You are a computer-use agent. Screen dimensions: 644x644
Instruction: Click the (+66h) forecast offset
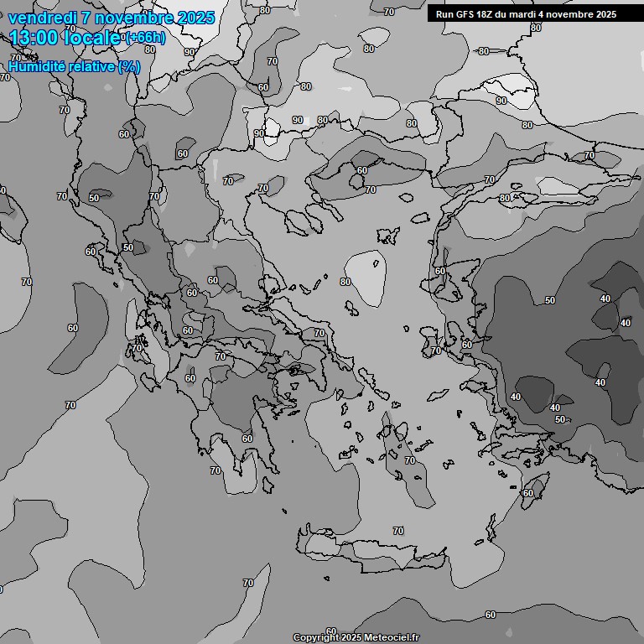tap(145, 38)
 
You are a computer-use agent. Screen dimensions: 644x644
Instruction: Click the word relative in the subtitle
tap(95, 67)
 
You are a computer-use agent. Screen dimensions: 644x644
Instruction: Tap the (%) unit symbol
tap(129, 67)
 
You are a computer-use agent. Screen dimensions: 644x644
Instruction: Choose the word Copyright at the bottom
tap(315, 638)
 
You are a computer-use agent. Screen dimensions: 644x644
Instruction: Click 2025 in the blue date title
tap(190, 18)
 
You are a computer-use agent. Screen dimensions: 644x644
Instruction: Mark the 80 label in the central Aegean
tap(345, 282)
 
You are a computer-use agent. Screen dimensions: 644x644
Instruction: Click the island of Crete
tap(377, 552)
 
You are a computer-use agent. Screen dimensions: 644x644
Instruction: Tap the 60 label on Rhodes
tap(527, 493)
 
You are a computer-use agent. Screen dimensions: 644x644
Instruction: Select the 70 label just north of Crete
tap(398, 531)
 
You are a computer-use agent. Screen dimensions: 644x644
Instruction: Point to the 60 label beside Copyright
tap(331, 631)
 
